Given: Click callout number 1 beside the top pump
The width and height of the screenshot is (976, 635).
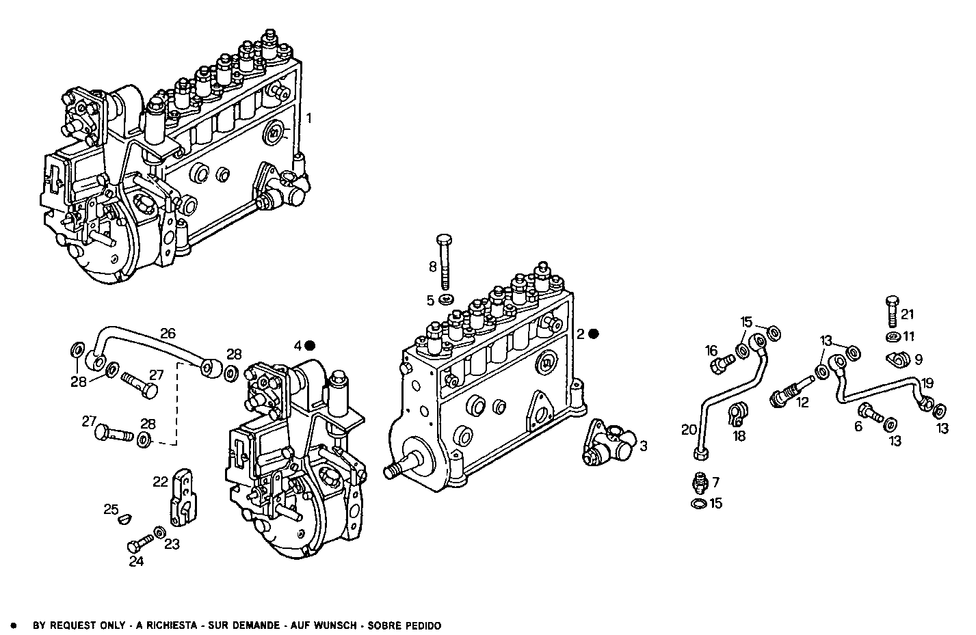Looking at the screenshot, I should coord(309,118).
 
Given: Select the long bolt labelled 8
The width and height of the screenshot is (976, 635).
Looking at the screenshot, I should coord(445,263).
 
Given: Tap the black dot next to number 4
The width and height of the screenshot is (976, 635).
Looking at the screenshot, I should coord(310,345).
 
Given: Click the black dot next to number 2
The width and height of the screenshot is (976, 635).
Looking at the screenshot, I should coord(594,334).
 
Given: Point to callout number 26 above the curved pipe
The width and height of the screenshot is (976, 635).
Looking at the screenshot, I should coord(168,334).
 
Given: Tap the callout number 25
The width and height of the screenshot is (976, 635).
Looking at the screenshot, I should coord(111,509).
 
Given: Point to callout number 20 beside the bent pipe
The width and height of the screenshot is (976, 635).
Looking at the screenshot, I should coord(689,430).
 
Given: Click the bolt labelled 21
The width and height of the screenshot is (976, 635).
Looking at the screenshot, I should coord(891,310).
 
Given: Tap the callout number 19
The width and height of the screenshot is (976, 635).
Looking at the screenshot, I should coord(927,383).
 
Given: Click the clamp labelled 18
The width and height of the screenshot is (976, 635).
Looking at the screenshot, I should coord(739,413).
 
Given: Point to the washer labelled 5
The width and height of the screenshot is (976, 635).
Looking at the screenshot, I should coord(447,300).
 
